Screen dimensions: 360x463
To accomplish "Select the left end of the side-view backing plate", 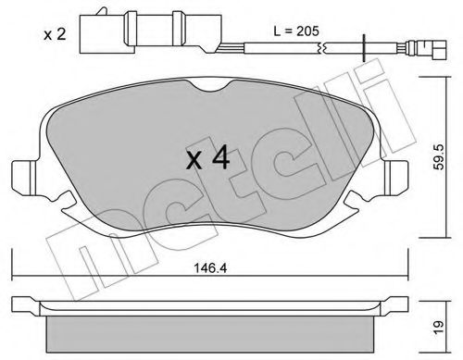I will pos(20,304).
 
